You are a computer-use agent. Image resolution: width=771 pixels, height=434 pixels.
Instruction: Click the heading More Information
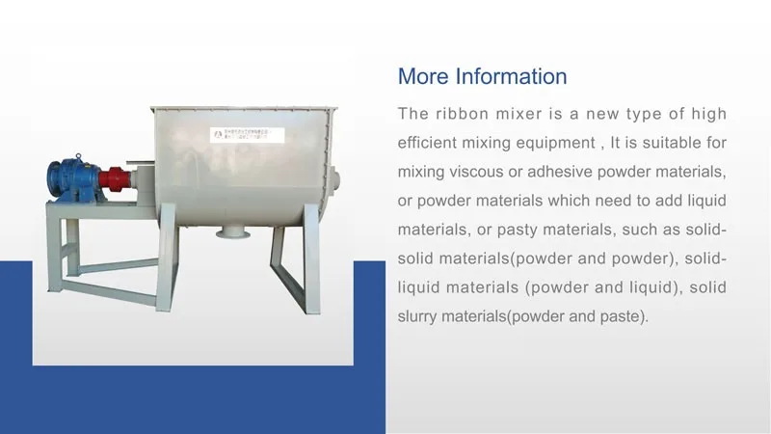point(482,76)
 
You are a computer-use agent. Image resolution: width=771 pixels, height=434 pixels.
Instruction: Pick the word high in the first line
point(707,114)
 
